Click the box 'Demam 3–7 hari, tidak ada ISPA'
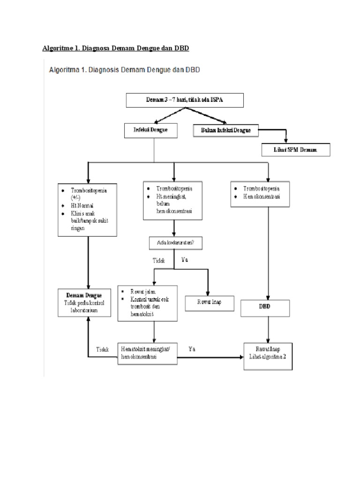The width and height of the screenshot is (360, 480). (185, 100)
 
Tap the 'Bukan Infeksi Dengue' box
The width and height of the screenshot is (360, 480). (226, 131)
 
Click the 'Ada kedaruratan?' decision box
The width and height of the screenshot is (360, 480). (173, 243)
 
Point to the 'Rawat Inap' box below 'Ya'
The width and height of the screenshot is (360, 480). (209, 302)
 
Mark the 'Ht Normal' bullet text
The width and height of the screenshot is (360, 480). (82, 206)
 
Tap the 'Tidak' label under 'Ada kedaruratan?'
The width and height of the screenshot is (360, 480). (159, 261)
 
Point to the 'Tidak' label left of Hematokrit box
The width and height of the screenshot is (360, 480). (102, 349)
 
